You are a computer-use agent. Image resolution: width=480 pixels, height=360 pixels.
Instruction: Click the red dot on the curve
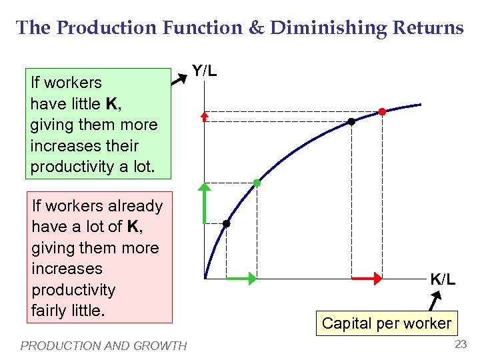tap(382, 112)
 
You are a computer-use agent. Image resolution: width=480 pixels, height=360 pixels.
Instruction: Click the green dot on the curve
tap(257, 183)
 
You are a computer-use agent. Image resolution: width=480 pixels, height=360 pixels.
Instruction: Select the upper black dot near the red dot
tap(351, 122)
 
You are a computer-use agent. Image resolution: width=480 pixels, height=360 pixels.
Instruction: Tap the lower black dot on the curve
tap(227, 224)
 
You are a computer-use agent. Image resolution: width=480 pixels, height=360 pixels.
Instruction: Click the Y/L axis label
tap(204, 70)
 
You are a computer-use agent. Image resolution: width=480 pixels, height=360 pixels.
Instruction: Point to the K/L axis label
tap(443, 279)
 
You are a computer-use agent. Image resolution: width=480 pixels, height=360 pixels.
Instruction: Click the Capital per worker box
tap(386, 324)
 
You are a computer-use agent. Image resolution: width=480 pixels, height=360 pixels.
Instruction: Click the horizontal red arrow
tap(366, 278)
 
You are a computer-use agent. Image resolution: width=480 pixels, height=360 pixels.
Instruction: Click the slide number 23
tap(460, 345)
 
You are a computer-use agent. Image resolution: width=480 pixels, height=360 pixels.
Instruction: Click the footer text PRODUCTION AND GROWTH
tap(103, 345)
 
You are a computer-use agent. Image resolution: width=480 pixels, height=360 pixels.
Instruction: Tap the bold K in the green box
tap(111, 104)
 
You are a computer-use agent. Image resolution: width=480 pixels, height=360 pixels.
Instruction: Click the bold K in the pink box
tap(133, 227)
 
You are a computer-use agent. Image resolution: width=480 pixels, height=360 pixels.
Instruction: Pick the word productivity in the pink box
tap(74, 290)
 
